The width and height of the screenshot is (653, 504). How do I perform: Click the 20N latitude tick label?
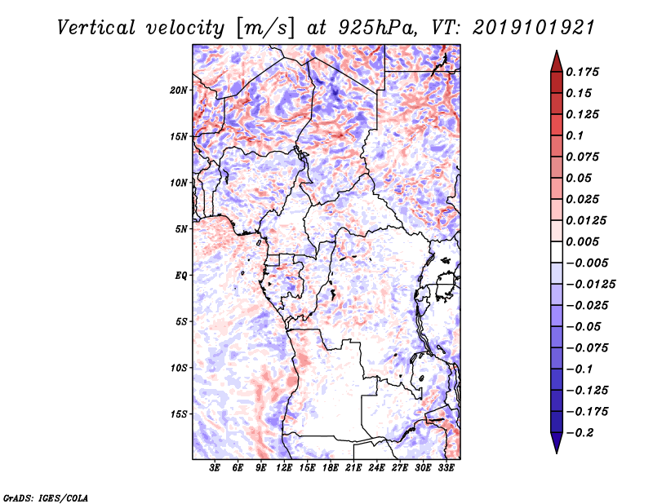(179, 91)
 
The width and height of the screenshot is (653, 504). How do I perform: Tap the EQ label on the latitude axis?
(181, 276)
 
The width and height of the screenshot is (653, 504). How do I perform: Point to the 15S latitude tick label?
(179, 414)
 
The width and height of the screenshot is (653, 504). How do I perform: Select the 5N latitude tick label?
(181, 229)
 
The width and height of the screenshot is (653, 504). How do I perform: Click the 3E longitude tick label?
(215, 468)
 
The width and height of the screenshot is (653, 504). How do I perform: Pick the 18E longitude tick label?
(331, 468)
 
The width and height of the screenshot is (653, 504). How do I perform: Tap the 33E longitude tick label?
(446, 468)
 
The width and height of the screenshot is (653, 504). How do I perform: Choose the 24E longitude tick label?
(376, 468)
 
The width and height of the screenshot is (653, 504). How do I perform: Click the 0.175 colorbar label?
(582, 72)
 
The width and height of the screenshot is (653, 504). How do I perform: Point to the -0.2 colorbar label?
(580, 432)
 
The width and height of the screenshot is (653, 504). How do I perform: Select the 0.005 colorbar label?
(582, 241)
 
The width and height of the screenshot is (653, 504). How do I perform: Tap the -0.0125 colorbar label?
(590, 285)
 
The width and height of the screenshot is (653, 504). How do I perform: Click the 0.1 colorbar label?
(575, 135)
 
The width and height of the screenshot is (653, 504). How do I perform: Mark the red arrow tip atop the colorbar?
(557, 51)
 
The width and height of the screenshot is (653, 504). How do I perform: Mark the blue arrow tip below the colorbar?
(557, 453)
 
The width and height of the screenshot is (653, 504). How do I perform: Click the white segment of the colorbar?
(557, 252)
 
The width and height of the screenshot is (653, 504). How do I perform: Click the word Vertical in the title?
(96, 28)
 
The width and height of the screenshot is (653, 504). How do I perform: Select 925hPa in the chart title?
(378, 28)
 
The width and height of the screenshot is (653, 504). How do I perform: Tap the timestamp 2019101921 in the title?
(534, 28)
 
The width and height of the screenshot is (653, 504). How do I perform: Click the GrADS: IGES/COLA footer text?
(46, 497)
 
